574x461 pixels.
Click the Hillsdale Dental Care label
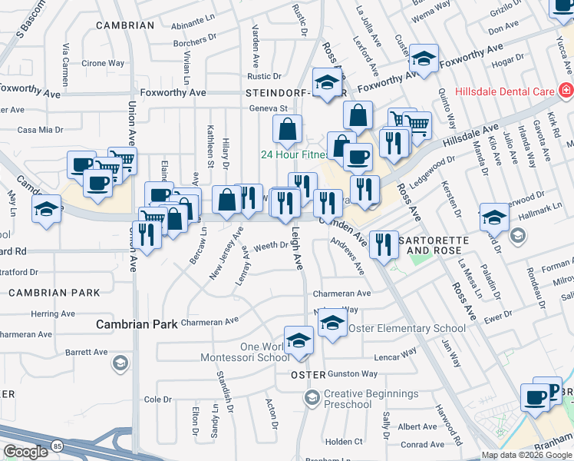click(504, 91)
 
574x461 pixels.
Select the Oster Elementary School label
click(407, 328)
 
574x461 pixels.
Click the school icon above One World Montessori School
click(299, 340)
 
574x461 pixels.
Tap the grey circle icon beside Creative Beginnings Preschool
click(311, 398)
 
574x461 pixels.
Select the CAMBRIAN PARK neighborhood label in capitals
click(54, 293)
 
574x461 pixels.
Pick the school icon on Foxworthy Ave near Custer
click(422, 58)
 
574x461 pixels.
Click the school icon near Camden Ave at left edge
click(46, 207)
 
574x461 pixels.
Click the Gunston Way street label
click(352, 374)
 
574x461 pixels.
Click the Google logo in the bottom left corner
click(25, 453)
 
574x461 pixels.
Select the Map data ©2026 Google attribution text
click(526, 455)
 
